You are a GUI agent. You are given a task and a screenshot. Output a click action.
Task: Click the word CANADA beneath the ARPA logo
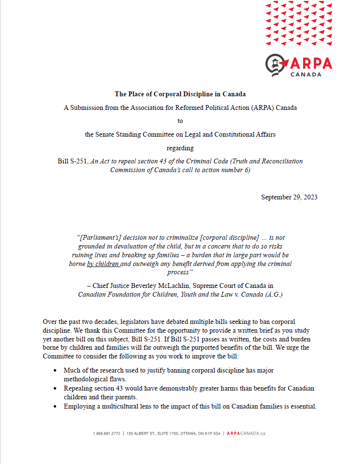click(x=306, y=75)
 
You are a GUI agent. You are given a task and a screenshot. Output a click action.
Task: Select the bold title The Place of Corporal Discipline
click(x=180, y=94)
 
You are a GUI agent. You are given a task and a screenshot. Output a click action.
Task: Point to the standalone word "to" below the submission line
click(x=180, y=121)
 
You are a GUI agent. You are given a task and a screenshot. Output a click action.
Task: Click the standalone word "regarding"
click(x=180, y=148)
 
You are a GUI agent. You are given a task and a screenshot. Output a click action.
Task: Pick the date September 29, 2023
click(x=289, y=197)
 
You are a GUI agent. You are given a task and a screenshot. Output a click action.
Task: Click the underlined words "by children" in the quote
click(x=103, y=264)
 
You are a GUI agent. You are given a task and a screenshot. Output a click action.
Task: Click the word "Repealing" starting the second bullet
click(x=79, y=388)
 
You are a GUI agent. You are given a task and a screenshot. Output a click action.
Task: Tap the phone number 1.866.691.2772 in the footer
click(x=106, y=433)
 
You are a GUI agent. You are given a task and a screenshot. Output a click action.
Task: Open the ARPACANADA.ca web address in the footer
click(x=246, y=433)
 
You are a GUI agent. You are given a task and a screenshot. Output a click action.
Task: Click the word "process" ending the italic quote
click(x=180, y=272)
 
